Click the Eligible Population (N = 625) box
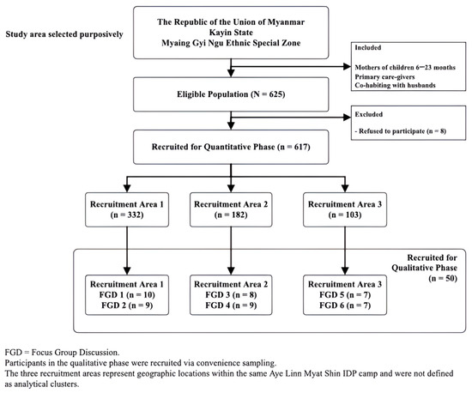pyautogui.click(x=231, y=94)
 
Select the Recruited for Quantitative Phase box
pyautogui.click(x=231, y=147)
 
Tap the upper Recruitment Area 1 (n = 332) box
pyautogui.click(x=127, y=209)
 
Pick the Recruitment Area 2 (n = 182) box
pyautogui.click(x=231, y=209)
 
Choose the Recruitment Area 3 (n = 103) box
pyautogui.click(x=345, y=209)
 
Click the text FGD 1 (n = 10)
pyautogui.click(x=127, y=295)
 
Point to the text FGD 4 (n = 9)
pyautogui.click(x=231, y=305)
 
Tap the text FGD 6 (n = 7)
pyautogui.click(x=345, y=305)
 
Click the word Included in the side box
pyautogui.click(x=368, y=47)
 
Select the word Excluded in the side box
pyautogui.click(x=369, y=114)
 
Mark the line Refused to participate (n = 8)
pyautogui.click(x=401, y=131)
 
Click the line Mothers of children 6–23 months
pyautogui.click(x=405, y=68)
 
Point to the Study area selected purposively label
pyautogui.click(x=64, y=34)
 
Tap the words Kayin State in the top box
pyautogui.click(x=231, y=33)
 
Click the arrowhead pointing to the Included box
pyautogui.click(x=348, y=67)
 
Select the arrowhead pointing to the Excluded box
pyautogui.click(x=348, y=118)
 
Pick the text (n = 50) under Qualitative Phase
pyautogui.click(x=443, y=278)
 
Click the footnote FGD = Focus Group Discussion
pyautogui.click(x=62, y=353)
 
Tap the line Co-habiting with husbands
pyautogui.click(x=396, y=85)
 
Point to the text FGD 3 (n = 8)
pyautogui.click(x=231, y=295)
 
